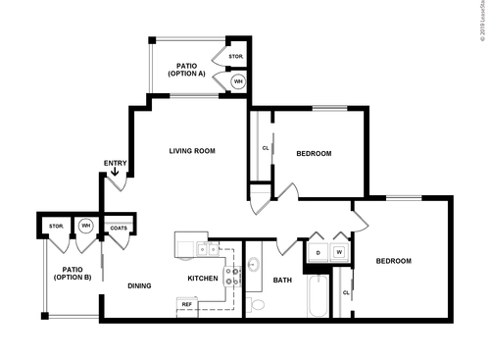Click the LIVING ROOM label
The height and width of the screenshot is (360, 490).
coord(192,150)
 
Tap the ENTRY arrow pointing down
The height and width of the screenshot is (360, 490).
coord(117,174)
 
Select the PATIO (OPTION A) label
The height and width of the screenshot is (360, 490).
coord(186,69)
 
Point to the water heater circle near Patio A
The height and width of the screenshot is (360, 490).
coord(238,81)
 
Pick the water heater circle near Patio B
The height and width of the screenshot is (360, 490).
coord(85,227)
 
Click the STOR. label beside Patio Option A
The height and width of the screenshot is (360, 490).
coord(236,57)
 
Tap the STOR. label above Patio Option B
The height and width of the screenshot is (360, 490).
coord(56,227)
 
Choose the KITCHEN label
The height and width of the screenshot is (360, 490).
coord(202,279)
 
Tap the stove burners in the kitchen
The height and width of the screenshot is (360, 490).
coord(232,277)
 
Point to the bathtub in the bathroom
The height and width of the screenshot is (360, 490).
coord(318,297)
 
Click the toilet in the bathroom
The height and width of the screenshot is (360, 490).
coord(257,305)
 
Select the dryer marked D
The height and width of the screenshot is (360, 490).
coord(317,252)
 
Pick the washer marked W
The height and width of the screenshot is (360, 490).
coord(339,252)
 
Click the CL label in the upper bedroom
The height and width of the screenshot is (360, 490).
coord(266,149)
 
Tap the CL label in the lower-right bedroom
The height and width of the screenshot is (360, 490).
coord(346,293)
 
